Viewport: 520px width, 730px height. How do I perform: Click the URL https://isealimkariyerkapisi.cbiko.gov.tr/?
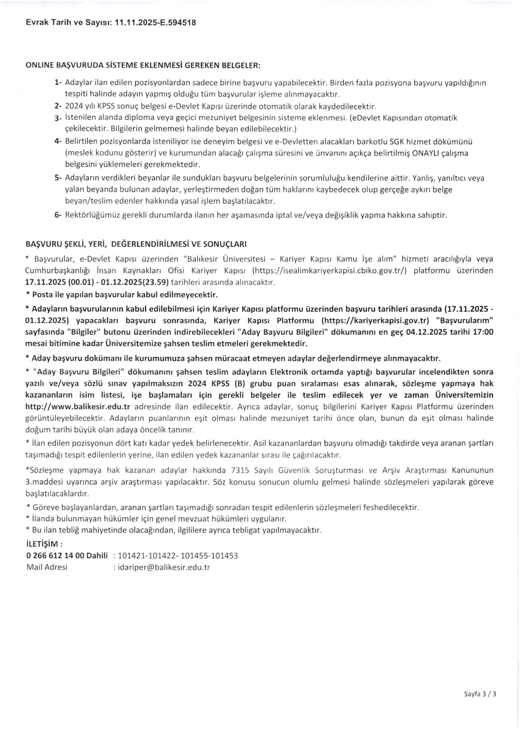coord(330,271)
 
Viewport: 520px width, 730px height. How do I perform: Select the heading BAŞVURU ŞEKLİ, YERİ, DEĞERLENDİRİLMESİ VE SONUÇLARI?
coord(136,244)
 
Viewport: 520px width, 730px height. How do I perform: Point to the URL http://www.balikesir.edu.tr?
coord(78,407)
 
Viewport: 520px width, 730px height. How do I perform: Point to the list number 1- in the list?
coord(58,83)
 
